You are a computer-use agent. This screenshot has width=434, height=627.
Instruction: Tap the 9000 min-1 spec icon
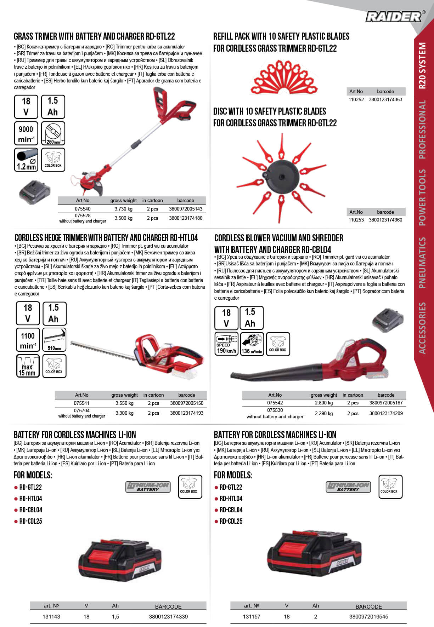pos(26,133)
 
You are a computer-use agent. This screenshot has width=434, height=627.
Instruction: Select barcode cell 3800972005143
pos(186,209)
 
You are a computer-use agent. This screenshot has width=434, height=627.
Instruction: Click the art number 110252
pos(356,99)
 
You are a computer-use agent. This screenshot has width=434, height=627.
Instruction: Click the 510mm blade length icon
pos(54,340)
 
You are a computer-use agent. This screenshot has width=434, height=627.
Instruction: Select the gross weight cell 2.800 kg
pos(324,403)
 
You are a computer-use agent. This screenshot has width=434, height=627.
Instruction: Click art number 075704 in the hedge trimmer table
pos(81,410)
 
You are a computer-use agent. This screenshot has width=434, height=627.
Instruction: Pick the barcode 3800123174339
pos(168,616)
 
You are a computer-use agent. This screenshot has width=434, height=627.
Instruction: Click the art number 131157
pos(252,616)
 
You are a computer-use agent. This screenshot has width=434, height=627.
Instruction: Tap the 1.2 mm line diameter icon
pos(26,160)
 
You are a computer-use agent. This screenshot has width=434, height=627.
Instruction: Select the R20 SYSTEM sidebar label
pos(422,65)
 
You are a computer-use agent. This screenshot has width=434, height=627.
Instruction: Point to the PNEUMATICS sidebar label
pos(422,263)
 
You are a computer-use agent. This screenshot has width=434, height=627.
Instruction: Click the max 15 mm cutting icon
pos(28,366)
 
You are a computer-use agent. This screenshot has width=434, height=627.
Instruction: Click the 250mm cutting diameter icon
pos(53,133)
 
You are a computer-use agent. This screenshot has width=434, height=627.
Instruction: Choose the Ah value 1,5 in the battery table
pos(115,616)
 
